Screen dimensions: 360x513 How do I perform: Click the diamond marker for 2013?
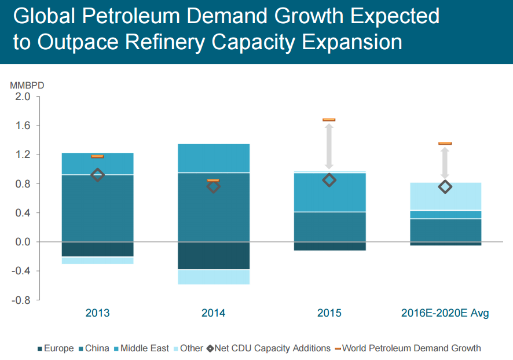point(97,175)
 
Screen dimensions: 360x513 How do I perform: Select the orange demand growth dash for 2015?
point(329,120)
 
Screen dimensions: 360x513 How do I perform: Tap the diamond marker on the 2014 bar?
point(213,186)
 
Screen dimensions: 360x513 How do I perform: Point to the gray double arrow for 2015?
point(329,148)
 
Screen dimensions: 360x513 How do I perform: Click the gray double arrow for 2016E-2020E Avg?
point(445,163)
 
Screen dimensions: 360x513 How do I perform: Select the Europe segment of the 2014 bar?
point(213,255)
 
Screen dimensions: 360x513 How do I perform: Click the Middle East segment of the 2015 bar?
point(329,192)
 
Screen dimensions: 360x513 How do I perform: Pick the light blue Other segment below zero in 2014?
point(213,277)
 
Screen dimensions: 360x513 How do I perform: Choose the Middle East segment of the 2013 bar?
point(97,164)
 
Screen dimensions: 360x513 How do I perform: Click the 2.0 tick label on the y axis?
point(23,97)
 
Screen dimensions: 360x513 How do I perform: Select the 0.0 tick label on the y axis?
point(23,242)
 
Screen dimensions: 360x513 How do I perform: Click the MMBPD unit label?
point(27,85)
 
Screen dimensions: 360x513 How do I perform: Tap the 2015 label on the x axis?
point(329,313)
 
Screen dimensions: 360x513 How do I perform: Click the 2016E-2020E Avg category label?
point(445,313)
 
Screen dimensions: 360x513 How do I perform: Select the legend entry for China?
point(94,348)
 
